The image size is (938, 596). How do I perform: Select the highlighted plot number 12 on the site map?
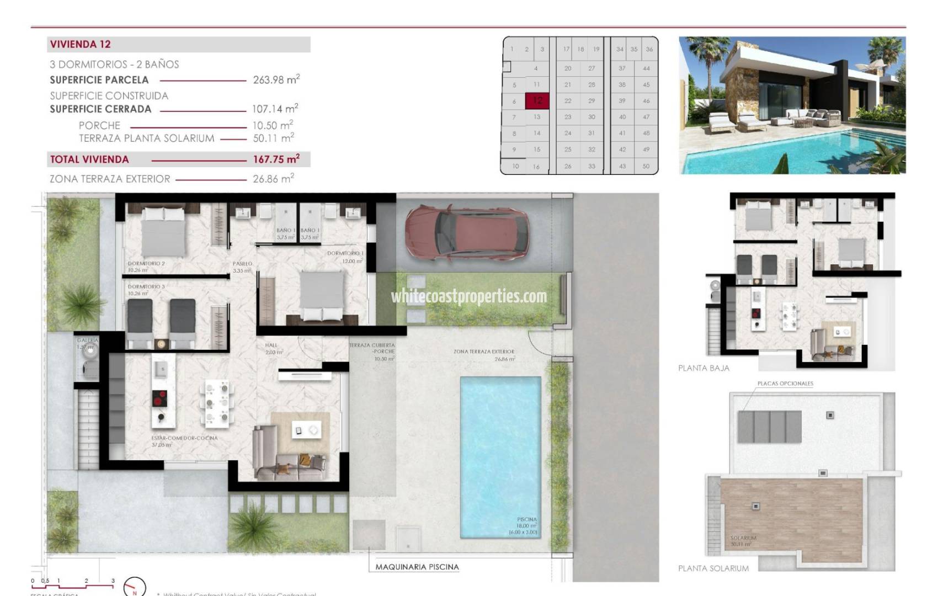pos(537,100)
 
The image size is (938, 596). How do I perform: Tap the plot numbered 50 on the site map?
pos(646,166)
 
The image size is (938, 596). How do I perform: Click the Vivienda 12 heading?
pos(81,44)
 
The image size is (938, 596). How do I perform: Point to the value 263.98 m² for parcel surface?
pos(276,80)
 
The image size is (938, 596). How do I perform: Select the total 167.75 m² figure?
pos(276,159)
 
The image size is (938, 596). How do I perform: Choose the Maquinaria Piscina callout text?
pos(417,567)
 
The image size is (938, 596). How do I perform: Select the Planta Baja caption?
pos(703,368)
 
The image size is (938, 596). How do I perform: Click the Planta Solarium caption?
pos(713,568)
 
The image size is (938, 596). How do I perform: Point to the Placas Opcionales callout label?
pos(785,384)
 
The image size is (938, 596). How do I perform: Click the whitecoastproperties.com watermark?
pos(469,297)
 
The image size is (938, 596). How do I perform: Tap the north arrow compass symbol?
pos(134,587)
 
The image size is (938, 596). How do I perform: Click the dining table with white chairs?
pos(217,403)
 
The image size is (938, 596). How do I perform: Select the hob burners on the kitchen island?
pos(160,397)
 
